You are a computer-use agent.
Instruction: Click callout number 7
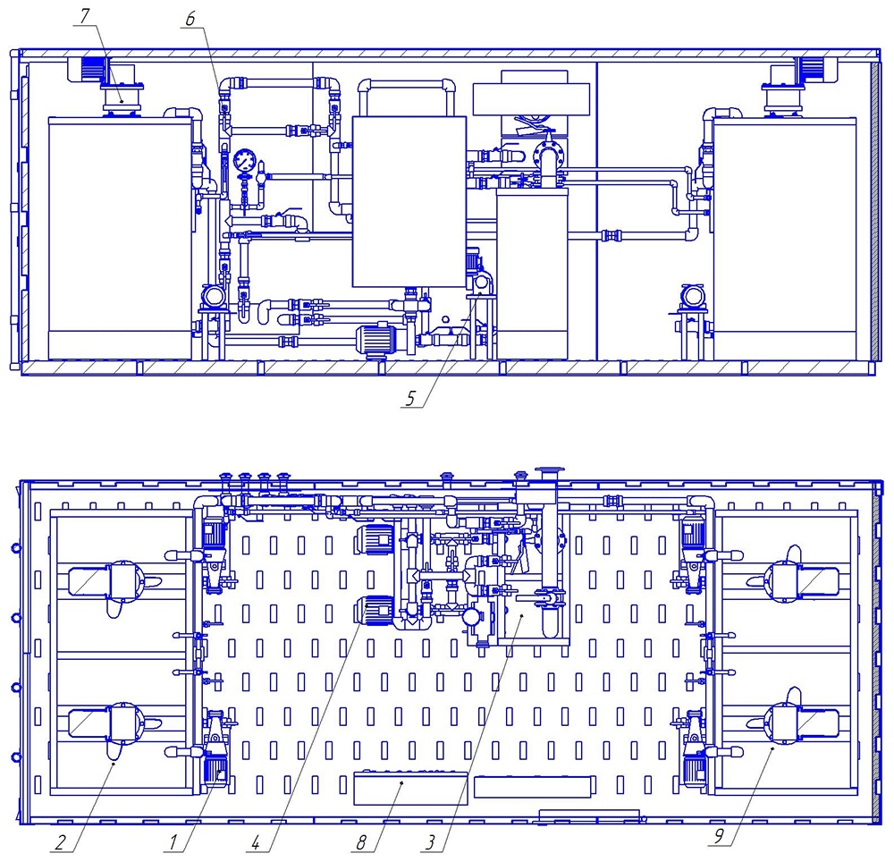coord(84,16)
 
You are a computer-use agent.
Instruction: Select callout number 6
coord(190,19)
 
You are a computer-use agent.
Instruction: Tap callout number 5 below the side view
coord(410,398)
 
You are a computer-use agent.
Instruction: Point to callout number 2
coord(61,841)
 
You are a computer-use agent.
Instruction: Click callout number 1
coord(173,841)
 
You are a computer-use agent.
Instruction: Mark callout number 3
coord(431,841)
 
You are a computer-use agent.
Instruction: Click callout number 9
coord(719,836)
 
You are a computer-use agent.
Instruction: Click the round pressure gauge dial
coord(245,161)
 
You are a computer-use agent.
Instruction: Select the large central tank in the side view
coord(409,201)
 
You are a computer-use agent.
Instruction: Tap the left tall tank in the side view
coord(120,239)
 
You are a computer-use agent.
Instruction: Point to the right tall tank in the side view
coord(785,239)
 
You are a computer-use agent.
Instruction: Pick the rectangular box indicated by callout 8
coord(410,788)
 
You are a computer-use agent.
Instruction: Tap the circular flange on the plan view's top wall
coord(550,474)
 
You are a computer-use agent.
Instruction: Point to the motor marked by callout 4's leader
coord(374,611)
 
